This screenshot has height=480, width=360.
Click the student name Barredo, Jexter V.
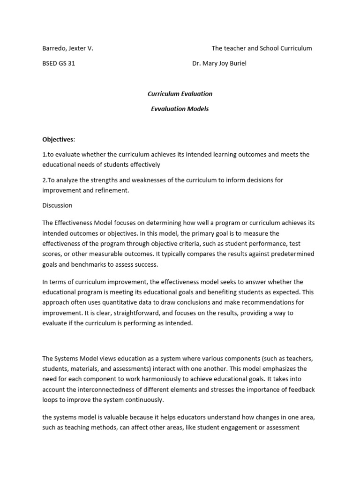click(x=67, y=48)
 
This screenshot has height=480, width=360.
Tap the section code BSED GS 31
click(x=59, y=64)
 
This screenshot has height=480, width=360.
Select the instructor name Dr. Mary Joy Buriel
click(x=219, y=64)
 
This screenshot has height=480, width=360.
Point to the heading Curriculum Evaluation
click(x=180, y=94)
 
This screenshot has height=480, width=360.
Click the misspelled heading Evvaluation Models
click(x=180, y=109)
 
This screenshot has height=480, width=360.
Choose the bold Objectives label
click(x=59, y=139)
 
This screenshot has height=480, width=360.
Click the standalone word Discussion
click(x=57, y=205)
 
